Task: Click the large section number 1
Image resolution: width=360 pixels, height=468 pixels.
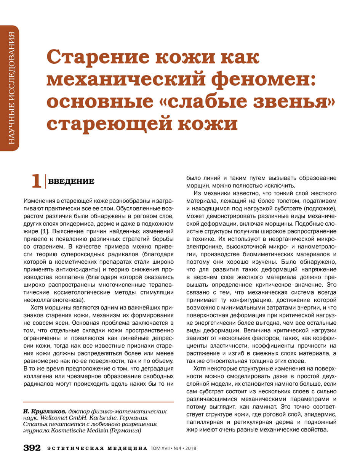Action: (x=36, y=181)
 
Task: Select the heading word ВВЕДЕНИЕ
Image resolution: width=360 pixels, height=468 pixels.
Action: (x=71, y=181)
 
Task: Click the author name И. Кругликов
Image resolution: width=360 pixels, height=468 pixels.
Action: (x=45, y=412)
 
